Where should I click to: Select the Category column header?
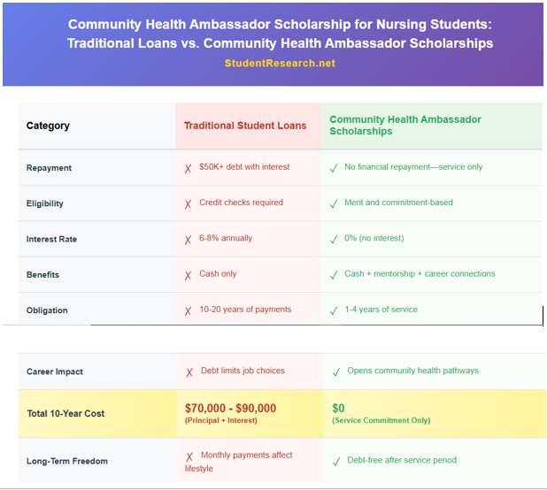(48, 126)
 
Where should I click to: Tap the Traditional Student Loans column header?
(245, 126)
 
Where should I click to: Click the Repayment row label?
(49, 168)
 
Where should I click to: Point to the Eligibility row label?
(45, 203)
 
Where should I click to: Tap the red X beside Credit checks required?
(188, 203)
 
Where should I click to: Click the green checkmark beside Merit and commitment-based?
(334, 203)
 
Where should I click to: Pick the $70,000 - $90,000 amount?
(230, 408)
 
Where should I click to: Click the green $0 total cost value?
(338, 408)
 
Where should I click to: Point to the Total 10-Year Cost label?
(65, 414)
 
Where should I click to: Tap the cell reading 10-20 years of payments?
(245, 310)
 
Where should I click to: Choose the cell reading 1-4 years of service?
(381, 310)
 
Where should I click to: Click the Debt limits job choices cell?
(243, 371)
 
